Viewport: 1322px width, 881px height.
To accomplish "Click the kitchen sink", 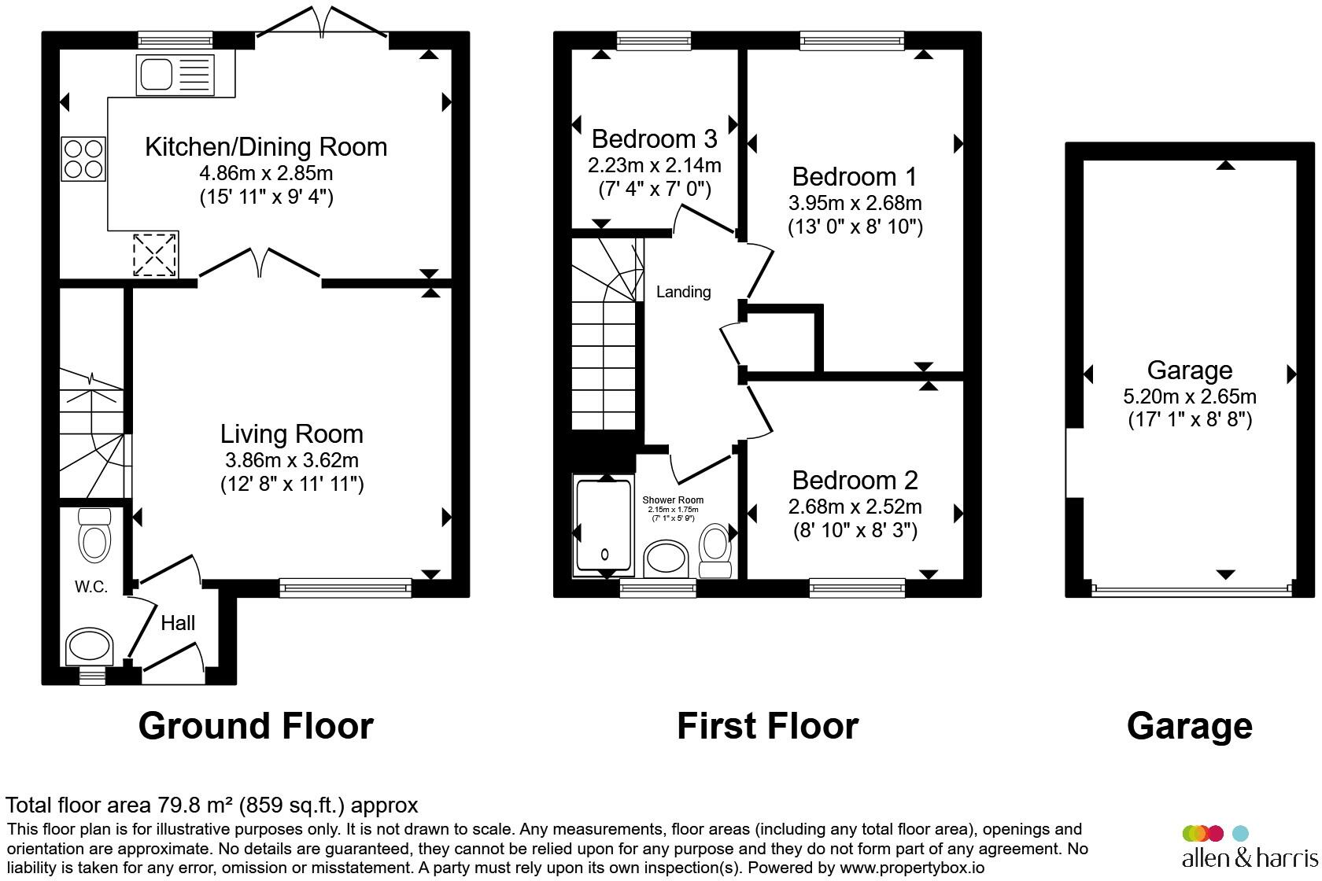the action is [x=175, y=75].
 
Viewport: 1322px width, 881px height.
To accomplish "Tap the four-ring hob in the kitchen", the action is [x=83, y=159].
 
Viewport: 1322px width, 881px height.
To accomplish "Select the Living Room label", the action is [x=291, y=434].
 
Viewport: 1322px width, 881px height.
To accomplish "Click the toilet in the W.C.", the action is [x=94, y=535].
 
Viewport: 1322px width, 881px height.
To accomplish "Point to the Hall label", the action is [x=178, y=623].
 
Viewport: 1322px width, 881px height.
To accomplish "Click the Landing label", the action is [x=683, y=292].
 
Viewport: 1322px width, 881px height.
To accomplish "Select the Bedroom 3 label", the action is [x=654, y=139].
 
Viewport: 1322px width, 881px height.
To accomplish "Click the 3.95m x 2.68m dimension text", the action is [x=855, y=203].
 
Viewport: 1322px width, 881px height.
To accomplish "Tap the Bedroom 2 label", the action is [x=855, y=481].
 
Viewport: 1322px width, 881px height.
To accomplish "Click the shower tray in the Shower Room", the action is [x=604, y=526].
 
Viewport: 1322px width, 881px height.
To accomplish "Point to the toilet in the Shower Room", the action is [x=715, y=551].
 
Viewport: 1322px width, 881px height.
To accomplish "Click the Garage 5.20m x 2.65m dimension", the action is [x=1189, y=396].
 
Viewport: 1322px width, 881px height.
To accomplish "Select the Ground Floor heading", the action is [x=256, y=726].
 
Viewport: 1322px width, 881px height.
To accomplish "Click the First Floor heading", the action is [x=767, y=726].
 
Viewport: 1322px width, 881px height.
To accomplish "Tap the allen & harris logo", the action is [x=1250, y=846].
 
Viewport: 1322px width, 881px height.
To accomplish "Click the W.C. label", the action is [x=91, y=587].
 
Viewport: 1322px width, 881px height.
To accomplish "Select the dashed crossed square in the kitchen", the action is [x=154, y=255].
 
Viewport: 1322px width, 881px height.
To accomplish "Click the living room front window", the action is [x=345, y=588].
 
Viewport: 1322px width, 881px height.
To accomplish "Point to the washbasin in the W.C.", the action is [x=89, y=646].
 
